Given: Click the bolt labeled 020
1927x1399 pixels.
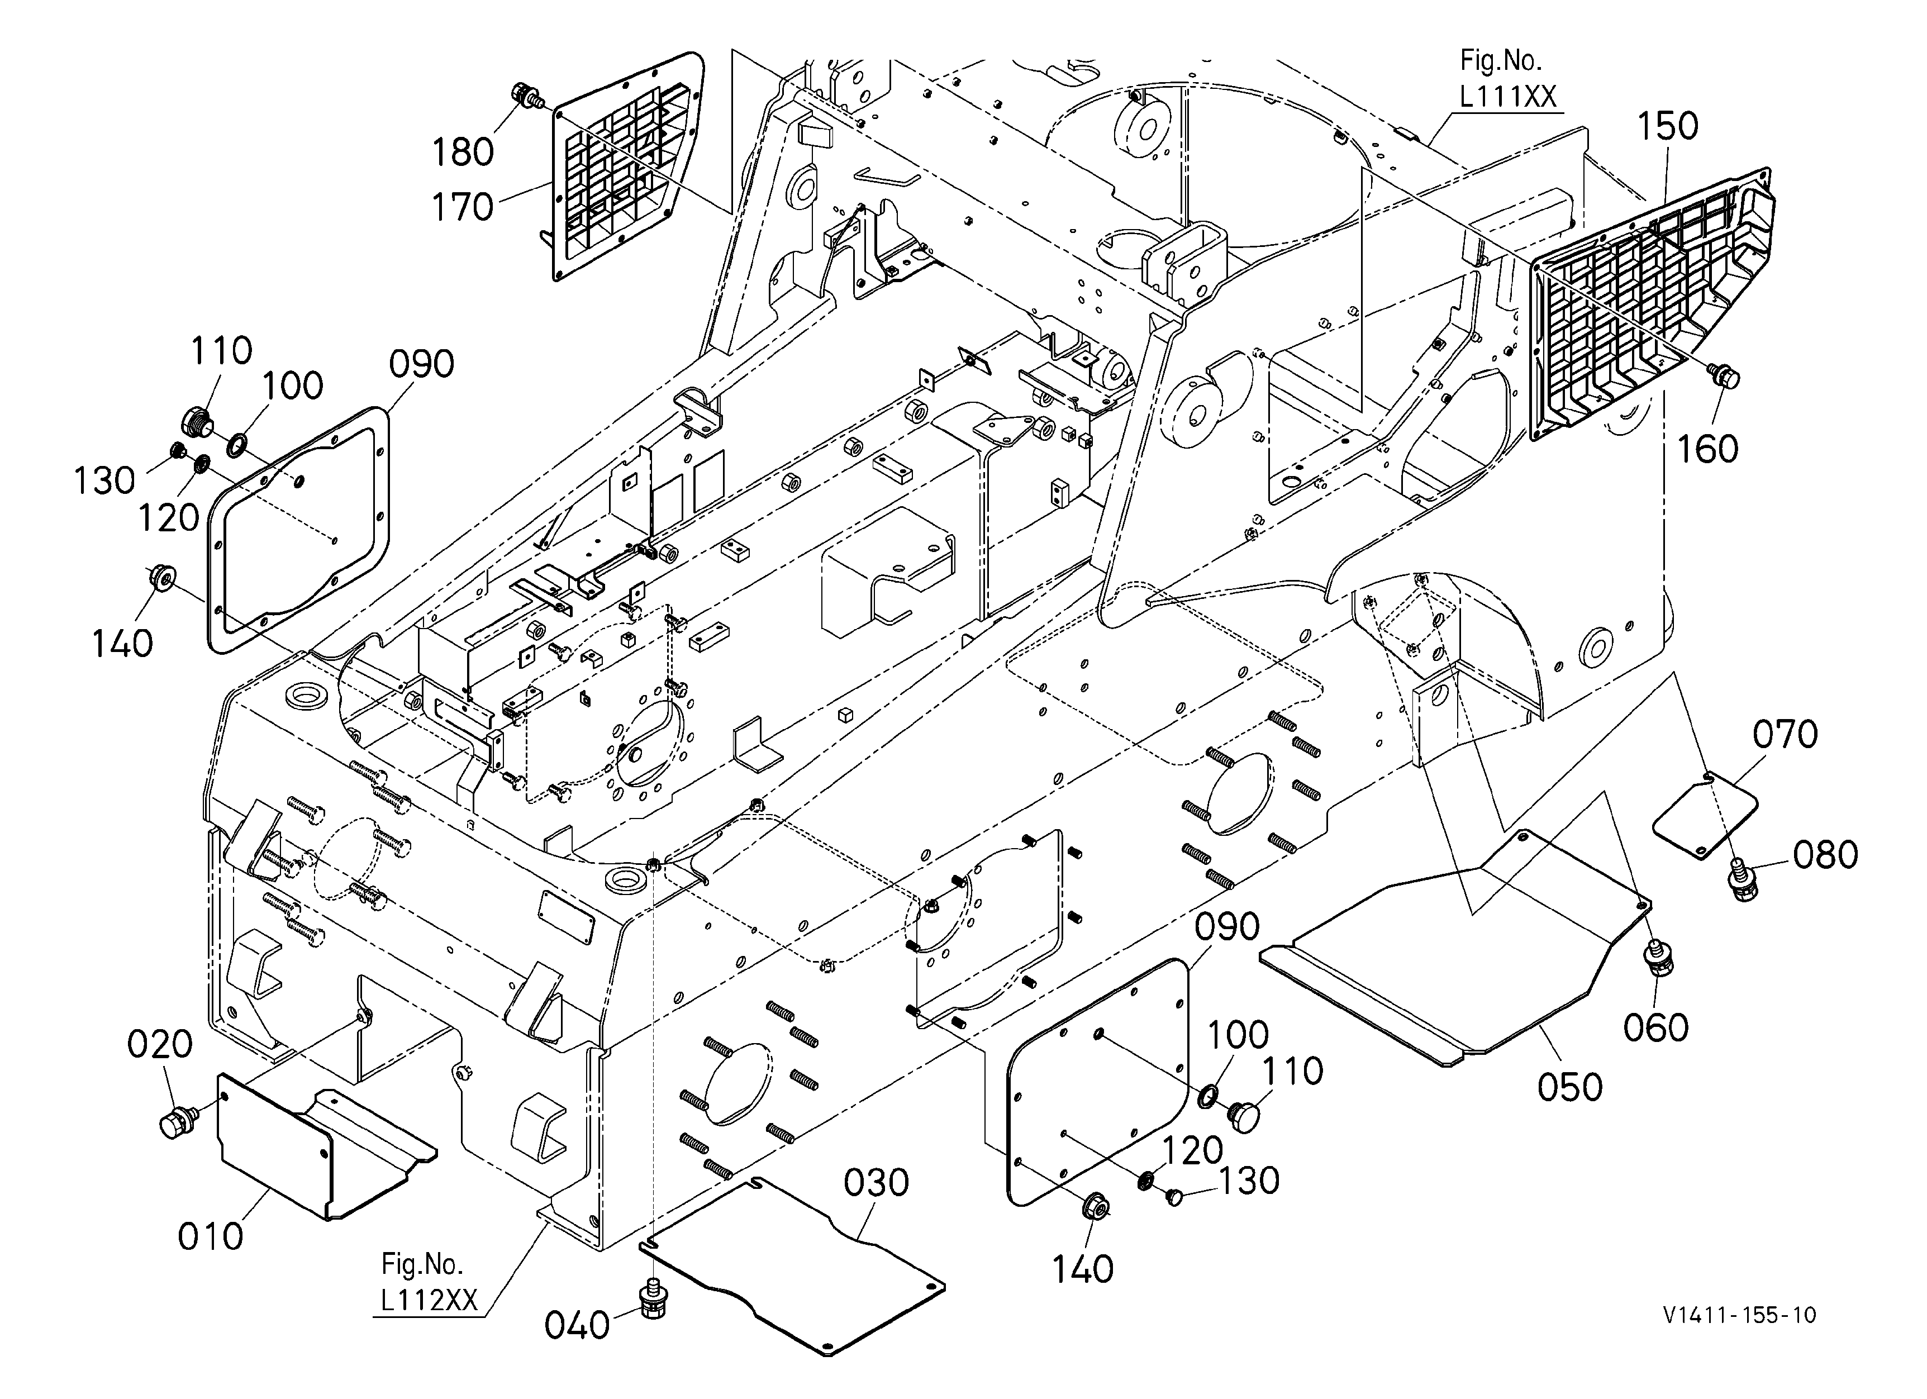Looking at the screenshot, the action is [177, 1122].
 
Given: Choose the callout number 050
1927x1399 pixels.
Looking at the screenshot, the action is [1570, 1087].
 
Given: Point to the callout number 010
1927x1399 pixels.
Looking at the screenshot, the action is [210, 1237].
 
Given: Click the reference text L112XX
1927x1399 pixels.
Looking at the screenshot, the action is [428, 1300].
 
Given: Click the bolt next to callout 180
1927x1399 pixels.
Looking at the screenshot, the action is [527, 95].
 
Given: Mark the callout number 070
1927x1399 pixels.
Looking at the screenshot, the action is [1785, 734].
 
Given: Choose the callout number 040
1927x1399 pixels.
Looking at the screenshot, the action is [577, 1325].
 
